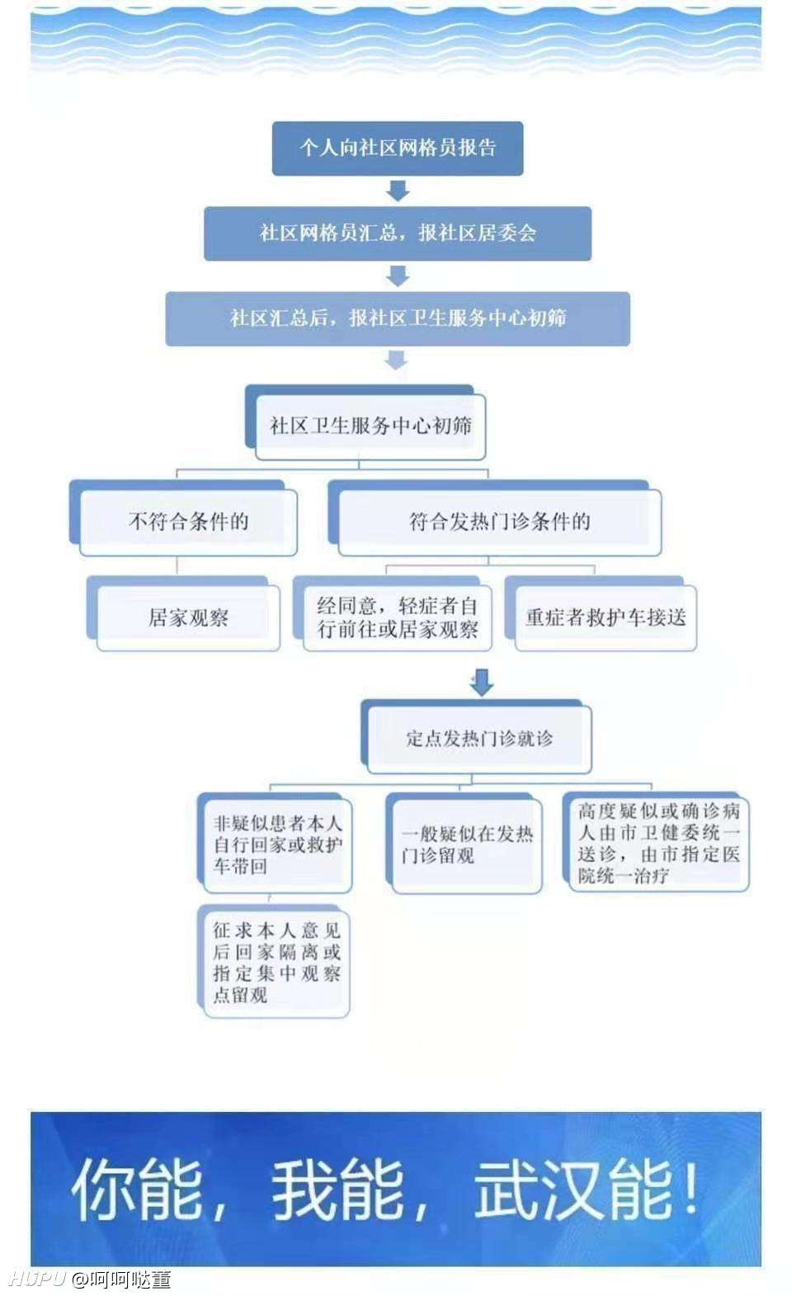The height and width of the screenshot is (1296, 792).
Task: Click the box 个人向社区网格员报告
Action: (x=398, y=148)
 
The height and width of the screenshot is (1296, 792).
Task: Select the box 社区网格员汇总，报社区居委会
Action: (x=398, y=233)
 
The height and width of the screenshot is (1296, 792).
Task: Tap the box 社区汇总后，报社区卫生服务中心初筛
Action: (x=398, y=319)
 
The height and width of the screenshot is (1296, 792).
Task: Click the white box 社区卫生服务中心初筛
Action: (x=370, y=427)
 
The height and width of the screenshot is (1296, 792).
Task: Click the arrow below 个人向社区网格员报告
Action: (x=398, y=191)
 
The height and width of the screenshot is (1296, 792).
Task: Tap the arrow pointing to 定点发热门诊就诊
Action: (x=482, y=683)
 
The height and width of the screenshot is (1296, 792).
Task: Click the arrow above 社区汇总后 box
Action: (x=398, y=276)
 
